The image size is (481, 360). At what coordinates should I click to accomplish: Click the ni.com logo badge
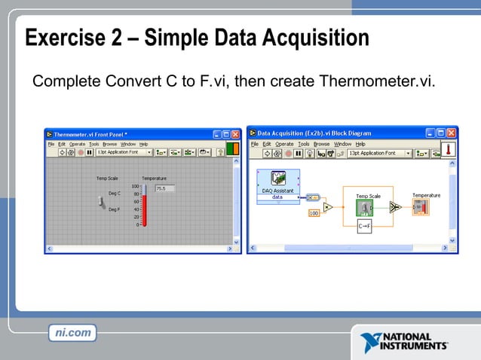74,332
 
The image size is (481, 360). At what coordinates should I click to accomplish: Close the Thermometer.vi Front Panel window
235,133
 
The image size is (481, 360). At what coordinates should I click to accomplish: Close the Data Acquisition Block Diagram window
452,133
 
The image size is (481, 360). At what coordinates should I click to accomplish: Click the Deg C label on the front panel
115,194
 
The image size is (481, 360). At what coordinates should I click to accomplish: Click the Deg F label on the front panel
115,209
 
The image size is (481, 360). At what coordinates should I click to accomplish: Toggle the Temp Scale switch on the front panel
103,202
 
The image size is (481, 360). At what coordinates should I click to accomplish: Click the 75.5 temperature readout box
164,188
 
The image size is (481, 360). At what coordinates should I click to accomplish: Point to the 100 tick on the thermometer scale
136,186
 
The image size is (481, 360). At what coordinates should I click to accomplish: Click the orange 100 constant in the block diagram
313,213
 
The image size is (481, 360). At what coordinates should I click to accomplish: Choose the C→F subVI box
363,226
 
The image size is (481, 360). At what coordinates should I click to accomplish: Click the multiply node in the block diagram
327,206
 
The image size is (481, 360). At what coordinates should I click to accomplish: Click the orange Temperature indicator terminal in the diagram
420,206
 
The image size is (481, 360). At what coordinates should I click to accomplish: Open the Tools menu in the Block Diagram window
303,143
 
